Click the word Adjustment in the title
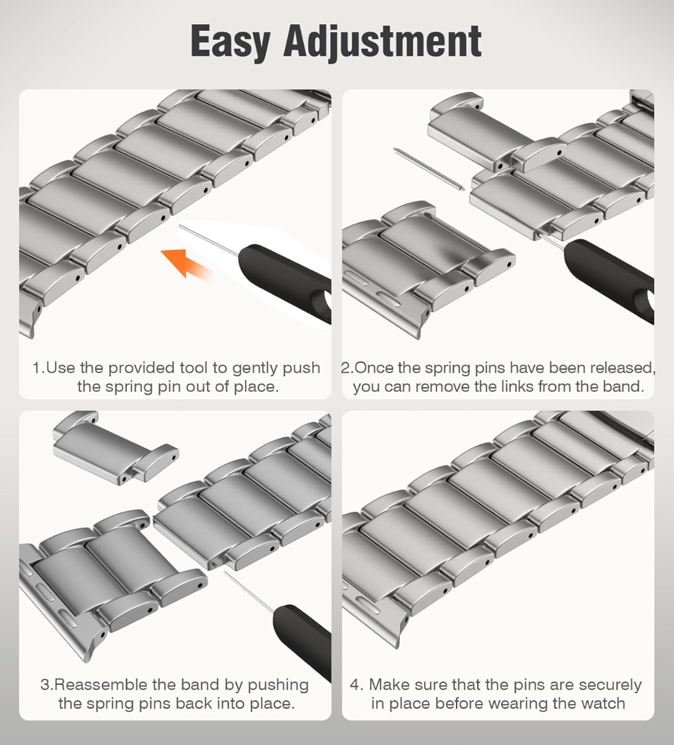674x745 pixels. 382,43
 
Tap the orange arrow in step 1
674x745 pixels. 187,263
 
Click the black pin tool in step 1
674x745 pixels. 285,280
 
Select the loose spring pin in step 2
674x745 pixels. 429,169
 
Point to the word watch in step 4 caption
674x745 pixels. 603,703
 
